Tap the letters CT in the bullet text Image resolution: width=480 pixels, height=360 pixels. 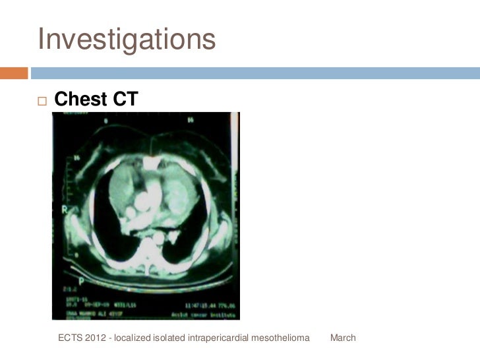(123, 99)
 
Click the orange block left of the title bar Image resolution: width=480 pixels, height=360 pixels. (14, 72)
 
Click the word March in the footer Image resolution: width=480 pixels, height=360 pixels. (343, 338)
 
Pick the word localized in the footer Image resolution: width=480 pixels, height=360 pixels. (133, 338)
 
